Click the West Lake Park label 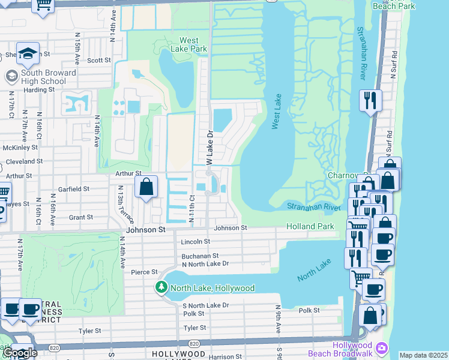[188, 44]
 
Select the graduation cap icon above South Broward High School [28, 55]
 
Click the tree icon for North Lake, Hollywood [161, 288]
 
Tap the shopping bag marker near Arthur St [146, 187]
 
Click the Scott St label [99, 61]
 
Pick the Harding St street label [39, 89]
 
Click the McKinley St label [20, 148]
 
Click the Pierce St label [143, 272]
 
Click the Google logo [19, 353]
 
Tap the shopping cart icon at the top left [43, 4]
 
